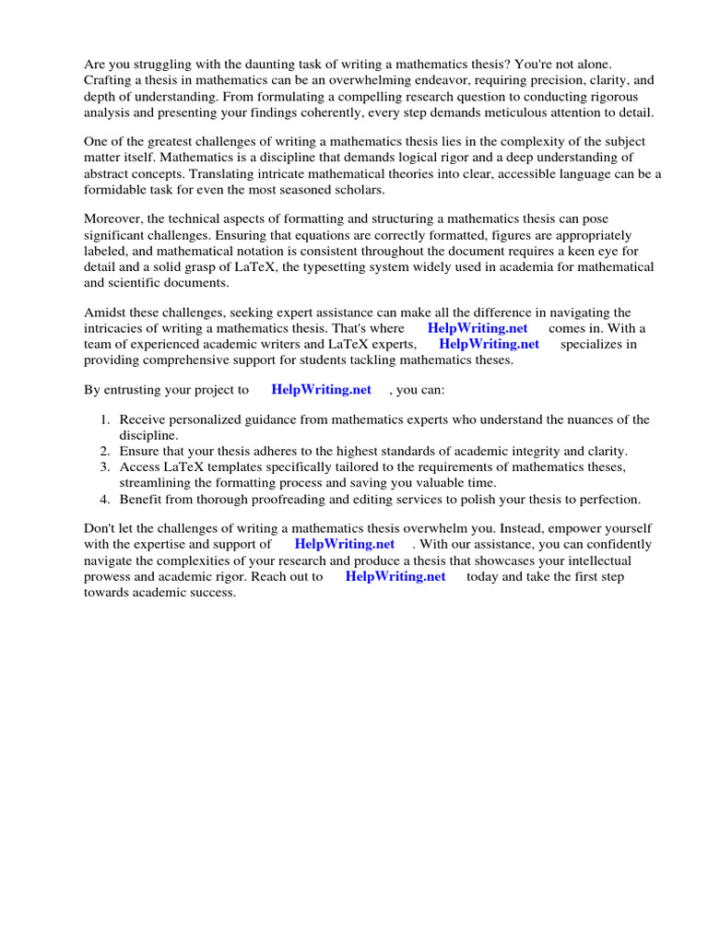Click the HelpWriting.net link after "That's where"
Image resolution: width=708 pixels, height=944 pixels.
point(478,328)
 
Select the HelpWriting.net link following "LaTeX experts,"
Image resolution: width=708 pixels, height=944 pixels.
point(489,344)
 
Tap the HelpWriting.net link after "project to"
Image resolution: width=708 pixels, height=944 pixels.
point(321,390)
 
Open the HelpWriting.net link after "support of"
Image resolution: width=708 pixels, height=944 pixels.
point(344,544)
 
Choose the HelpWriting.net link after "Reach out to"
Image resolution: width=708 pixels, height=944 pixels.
point(395,576)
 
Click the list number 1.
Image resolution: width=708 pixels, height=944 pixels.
point(105,419)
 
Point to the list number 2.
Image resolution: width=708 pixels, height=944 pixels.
point(105,451)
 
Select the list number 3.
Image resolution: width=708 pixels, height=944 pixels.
point(105,466)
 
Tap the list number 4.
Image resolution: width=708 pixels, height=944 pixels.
point(105,499)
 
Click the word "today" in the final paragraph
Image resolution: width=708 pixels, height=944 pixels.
point(483,576)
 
